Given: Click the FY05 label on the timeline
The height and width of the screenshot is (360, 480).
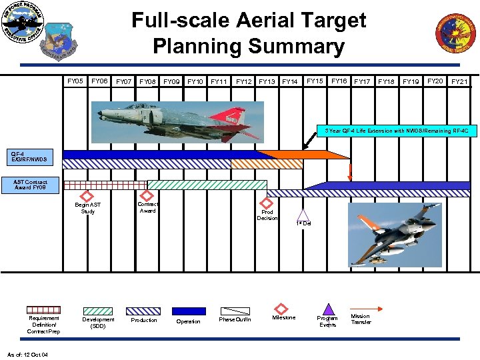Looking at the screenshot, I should (75, 81).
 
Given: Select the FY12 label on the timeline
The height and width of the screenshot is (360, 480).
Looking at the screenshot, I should (243, 82).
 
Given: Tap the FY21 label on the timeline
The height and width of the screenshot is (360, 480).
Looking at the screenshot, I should (459, 82).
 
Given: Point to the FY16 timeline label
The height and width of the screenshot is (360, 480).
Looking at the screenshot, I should (339, 81).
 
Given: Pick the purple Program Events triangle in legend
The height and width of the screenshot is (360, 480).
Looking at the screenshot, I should (327, 309).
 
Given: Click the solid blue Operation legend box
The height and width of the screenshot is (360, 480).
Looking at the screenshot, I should (189, 311).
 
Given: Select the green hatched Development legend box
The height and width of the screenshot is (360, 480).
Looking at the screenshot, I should (98, 311).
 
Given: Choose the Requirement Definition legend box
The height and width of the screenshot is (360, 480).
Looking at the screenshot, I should (43, 310).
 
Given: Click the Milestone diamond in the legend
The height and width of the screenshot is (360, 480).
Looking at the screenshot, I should (283, 309).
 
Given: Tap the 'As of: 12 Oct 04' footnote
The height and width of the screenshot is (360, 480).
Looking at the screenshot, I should (27, 354).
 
